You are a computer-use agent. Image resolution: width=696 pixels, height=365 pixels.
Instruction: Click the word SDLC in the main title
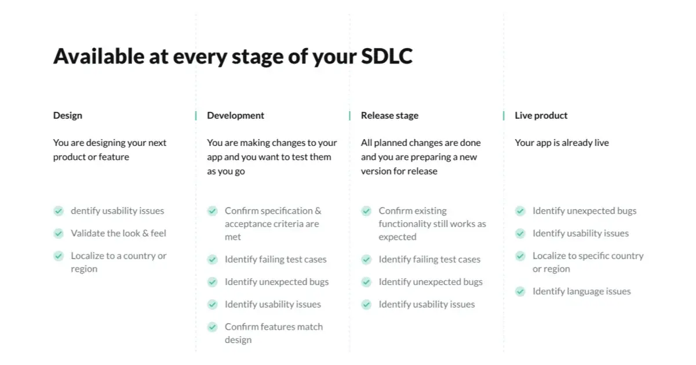(x=387, y=56)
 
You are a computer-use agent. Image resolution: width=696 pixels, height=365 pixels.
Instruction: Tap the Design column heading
(x=68, y=115)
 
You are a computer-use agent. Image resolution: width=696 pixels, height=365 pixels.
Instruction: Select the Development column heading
(x=235, y=115)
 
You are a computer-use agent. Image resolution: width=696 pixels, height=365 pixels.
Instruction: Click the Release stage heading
(x=389, y=115)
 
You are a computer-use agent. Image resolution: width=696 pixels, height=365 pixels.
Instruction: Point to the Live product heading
(x=541, y=115)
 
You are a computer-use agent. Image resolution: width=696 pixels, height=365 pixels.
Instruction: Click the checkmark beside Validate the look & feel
(x=59, y=233)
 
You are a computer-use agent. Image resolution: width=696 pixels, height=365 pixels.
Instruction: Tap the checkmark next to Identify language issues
(x=520, y=291)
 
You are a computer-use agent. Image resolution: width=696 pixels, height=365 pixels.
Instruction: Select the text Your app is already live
(x=562, y=143)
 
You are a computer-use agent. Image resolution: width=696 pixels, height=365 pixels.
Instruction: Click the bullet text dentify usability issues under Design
(x=117, y=211)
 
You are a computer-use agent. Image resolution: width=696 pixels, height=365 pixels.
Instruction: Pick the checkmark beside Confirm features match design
(x=213, y=327)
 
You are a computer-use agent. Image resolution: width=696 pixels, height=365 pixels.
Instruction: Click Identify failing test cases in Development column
(x=275, y=260)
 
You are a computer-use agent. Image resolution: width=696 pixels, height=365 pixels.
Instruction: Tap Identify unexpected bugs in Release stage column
(x=431, y=282)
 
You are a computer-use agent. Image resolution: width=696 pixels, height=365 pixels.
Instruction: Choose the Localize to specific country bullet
(x=588, y=256)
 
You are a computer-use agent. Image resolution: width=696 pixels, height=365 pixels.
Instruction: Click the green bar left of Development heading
(x=196, y=115)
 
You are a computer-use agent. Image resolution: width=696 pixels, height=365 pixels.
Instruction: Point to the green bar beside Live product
(x=504, y=115)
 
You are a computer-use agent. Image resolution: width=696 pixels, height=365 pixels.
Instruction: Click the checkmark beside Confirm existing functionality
(x=366, y=211)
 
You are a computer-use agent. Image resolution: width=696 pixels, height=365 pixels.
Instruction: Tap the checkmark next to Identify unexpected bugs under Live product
(x=520, y=211)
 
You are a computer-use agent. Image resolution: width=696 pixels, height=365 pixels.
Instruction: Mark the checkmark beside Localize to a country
(x=59, y=256)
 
